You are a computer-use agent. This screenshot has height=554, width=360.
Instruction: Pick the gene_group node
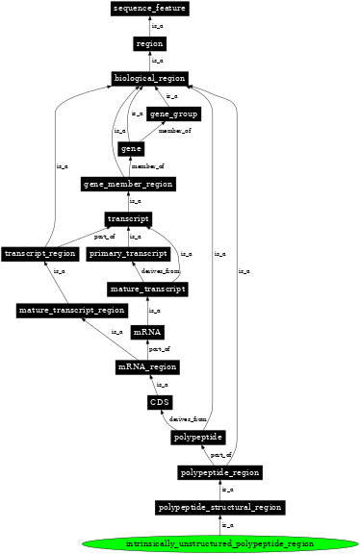point(173,114)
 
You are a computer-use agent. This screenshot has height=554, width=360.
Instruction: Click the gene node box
point(131,149)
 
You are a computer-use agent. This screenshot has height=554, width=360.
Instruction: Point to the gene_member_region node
point(129,184)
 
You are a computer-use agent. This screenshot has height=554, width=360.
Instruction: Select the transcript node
point(127,219)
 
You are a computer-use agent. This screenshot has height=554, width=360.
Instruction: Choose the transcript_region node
point(39,254)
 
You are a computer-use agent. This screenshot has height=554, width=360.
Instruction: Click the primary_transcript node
point(128,254)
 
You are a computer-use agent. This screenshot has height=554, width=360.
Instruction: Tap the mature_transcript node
point(146,289)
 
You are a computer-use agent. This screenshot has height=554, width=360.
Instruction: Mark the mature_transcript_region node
point(72,311)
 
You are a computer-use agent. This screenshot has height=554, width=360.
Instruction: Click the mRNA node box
point(146,332)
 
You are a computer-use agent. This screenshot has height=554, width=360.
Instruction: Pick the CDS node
point(160,402)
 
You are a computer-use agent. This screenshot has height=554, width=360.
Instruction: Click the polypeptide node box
point(199,438)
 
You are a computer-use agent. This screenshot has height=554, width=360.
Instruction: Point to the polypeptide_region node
point(220,472)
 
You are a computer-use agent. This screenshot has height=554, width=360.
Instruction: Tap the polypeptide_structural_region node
point(220,507)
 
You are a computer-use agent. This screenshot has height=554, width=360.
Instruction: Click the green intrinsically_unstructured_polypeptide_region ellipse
point(220,543)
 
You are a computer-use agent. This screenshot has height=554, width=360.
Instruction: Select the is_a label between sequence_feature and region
point(157,26)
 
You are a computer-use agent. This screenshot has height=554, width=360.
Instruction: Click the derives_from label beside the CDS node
point(188,419)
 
